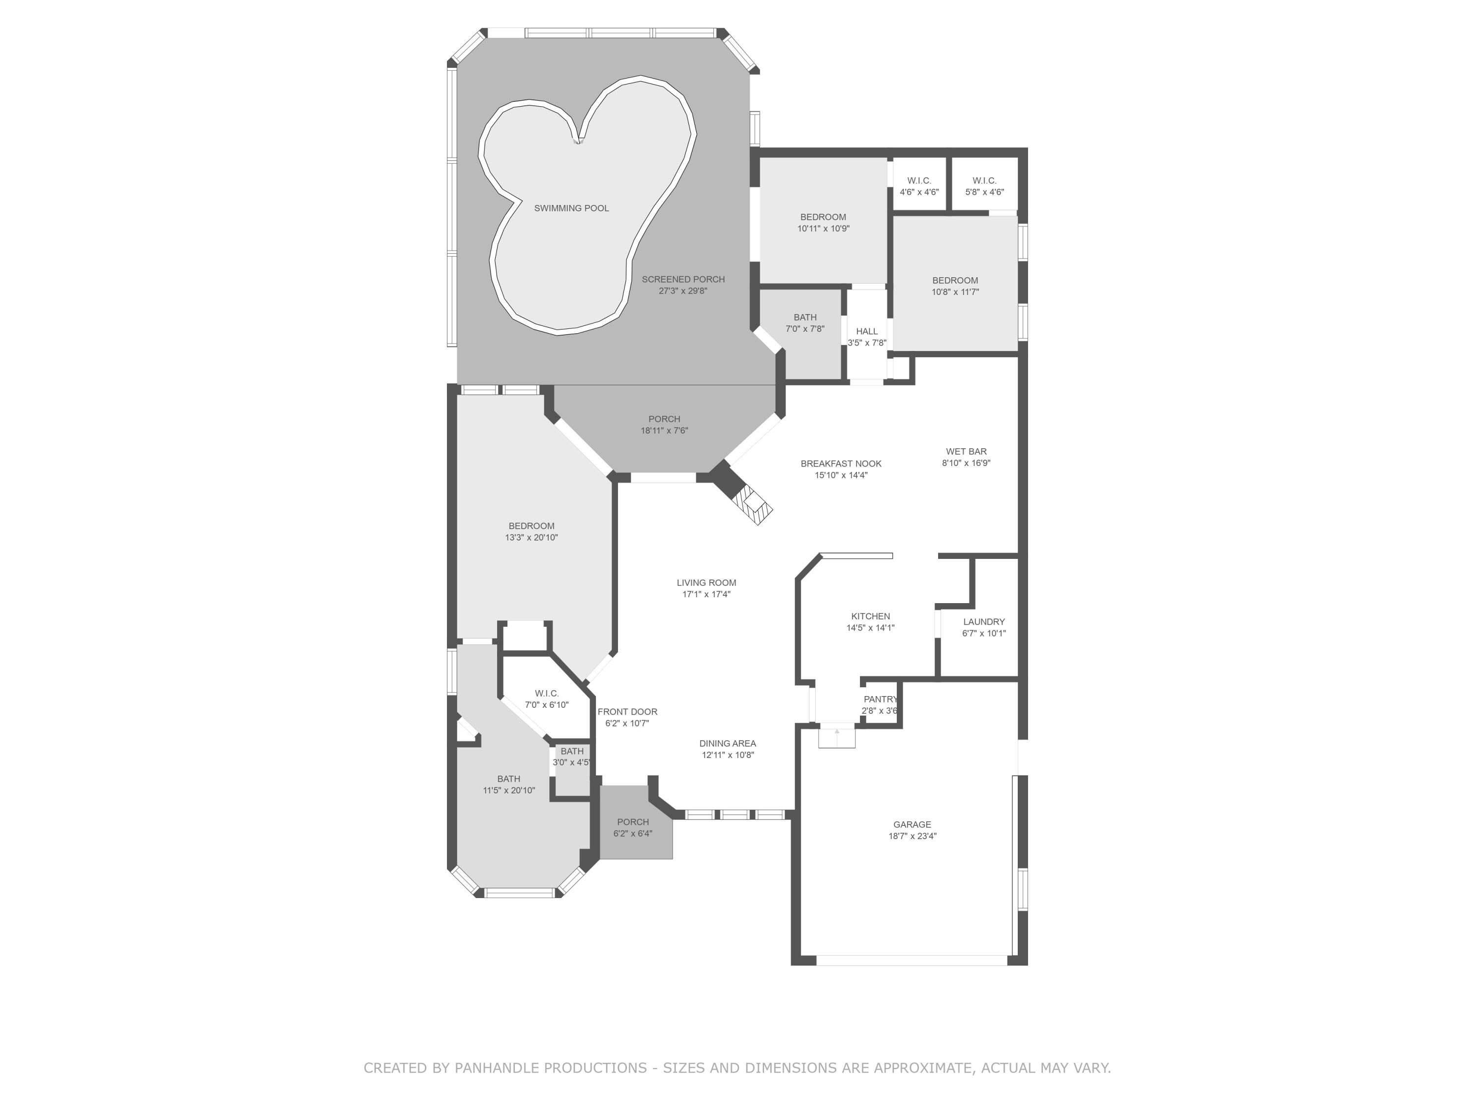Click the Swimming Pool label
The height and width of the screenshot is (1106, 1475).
(571, 208)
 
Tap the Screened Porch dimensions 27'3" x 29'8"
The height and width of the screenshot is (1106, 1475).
(683, 291)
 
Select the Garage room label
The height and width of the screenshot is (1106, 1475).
(912, 824)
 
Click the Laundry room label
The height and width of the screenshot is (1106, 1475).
(983, 621)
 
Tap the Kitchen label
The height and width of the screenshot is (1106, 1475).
(870, 616)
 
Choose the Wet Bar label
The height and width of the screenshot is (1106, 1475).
(966, 451)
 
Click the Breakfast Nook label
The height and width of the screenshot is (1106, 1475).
(841, 464)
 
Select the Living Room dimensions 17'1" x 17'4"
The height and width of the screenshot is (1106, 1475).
(706, 594)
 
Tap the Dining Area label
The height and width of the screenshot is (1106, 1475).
(728, 743)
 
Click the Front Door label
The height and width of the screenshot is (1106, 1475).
(627, 711)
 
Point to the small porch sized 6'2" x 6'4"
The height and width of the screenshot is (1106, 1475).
(633, 827)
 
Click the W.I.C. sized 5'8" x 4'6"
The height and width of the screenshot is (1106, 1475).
(984, 186)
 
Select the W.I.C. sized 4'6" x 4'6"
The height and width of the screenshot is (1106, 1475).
(919, 186)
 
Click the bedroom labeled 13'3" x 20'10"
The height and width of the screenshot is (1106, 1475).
(531, 531)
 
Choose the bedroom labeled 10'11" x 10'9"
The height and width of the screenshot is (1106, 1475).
(823, 222)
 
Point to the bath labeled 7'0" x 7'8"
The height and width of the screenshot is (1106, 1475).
(805, 322)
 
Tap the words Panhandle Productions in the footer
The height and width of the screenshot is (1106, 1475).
(550, 1068)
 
